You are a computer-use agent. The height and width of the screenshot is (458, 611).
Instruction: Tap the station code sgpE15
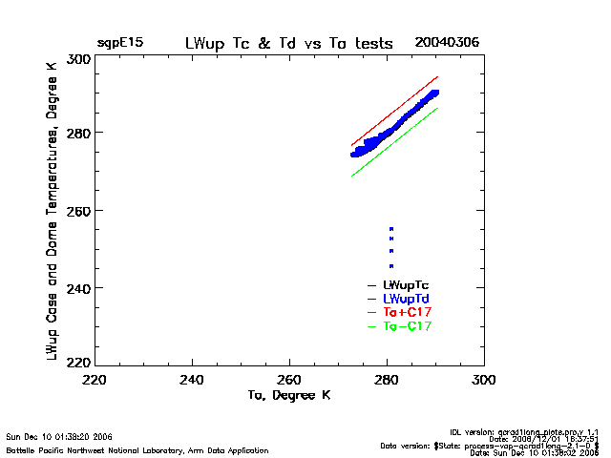coord(118,44)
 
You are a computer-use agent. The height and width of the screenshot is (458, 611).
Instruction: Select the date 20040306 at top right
coord(447,44)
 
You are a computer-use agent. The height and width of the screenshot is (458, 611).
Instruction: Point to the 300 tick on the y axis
coord(79,59)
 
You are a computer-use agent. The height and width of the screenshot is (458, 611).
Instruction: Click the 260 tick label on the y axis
coord(79,210)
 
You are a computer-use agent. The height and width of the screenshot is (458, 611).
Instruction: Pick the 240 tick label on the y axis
coord(79,288)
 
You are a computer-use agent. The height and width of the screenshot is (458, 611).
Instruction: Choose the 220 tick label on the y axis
coord(79,363)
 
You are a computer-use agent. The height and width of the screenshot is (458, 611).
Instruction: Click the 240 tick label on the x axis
coord(193,380)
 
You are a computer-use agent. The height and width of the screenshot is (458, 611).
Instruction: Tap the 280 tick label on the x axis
coord(387,380)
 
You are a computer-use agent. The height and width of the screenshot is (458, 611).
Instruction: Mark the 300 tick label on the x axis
coord(484,380)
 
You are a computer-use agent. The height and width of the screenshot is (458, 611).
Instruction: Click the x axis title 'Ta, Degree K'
coord(288,395)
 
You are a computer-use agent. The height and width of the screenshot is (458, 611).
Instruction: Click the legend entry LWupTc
coord(405,285)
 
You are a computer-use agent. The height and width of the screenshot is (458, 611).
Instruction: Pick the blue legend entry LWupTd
coord(405,299)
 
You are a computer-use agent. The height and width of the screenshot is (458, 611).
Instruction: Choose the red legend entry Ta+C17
coord(407,313)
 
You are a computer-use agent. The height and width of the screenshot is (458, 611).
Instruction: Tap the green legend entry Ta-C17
coord(407,326)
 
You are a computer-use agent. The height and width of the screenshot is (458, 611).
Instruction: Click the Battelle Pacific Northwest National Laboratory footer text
coord(137,449)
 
